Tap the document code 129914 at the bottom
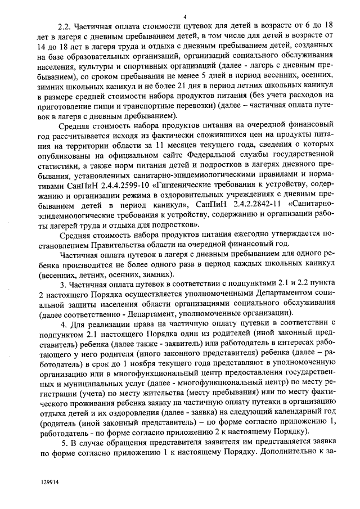[x=49, y=483]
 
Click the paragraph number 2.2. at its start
[x=67, y=26]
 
